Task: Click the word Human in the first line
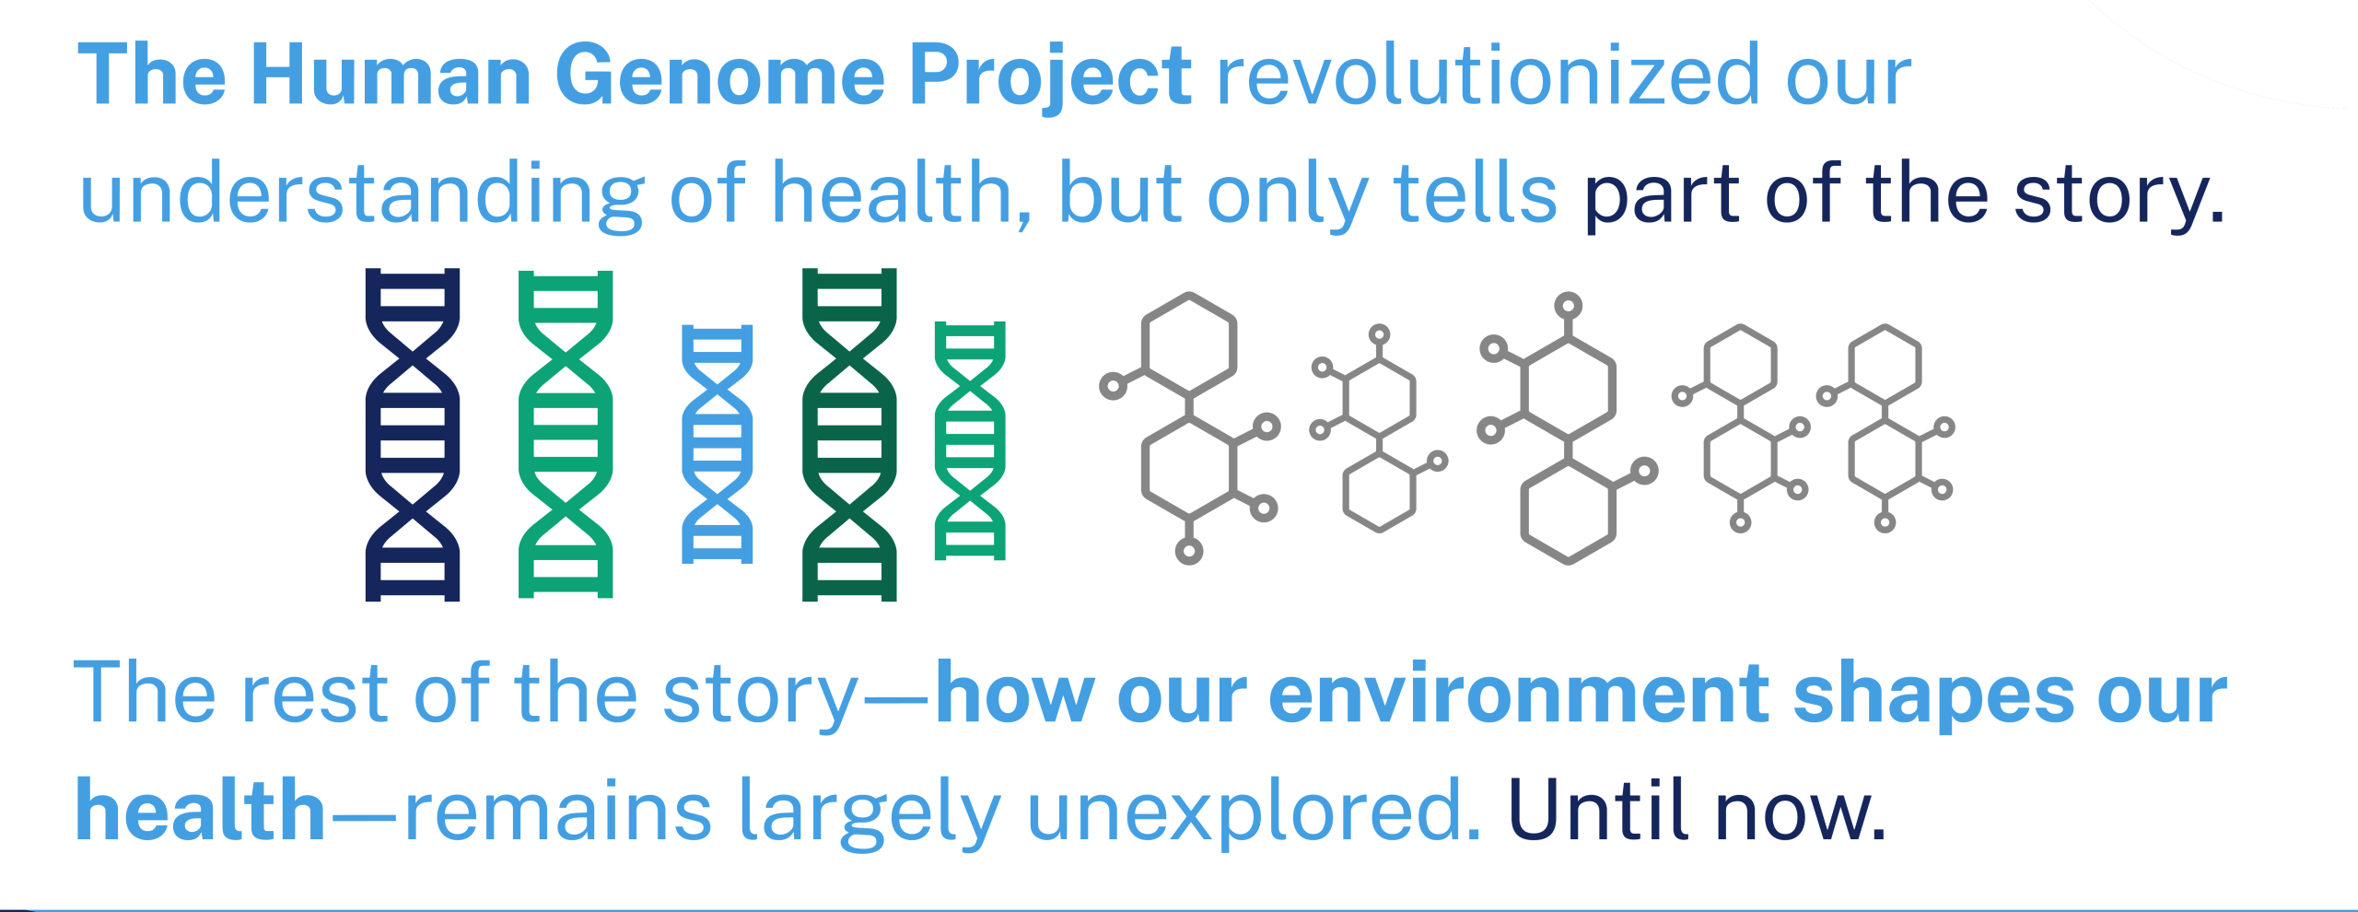pos(391,75)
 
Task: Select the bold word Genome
pos(719,75)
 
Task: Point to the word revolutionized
pos(1488,75)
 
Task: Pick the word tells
pos(1475,193)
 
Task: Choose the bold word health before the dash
pos(201,810)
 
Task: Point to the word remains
pos(558,812)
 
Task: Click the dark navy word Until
pos(1596,810)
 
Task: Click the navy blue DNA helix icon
pos(413,435)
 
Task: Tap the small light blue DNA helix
pos(717,443)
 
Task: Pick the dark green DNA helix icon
pos(849,435)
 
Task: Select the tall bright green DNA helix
pos(566,435)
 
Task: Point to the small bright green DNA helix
pos(970,440)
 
